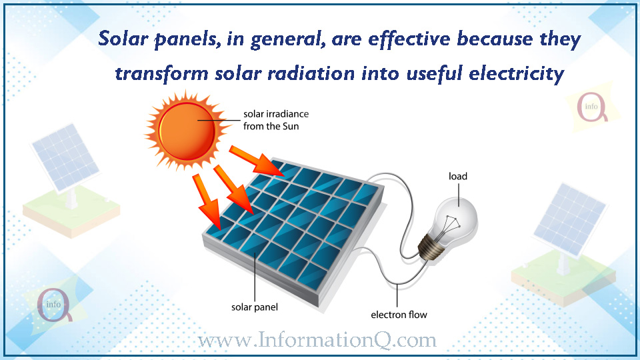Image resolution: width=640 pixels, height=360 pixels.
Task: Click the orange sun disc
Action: pyautogui.click(x=187, y=131)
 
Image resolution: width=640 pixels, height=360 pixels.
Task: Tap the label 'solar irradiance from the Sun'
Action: pyautogui.click(x=276, y=120)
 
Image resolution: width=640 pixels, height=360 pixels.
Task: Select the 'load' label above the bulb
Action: pyautogui.click(x=458, y=176)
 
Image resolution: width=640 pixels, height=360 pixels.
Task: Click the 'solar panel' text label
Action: pyautogui.click(x=255, y=307)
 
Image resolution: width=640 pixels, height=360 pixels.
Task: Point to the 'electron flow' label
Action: pyautogui.click(x=399, y=315)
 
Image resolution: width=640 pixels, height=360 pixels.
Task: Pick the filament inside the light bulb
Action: pyautogui.click(x=452, y=223)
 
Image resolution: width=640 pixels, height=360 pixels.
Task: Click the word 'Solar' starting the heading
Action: pyautogui.click(x=123, y=39)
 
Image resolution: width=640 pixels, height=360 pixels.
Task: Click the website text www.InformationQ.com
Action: pyautogui.click(x=317, y=339)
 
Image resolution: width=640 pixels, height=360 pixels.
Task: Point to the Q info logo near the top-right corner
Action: pyautogui.click(x=591, y=107)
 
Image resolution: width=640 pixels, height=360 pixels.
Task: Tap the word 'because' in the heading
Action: pyautogui.click(x=495, y=39)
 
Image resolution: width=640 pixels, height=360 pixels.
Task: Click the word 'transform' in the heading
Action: pyautogui.click(x=161, y=74)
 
